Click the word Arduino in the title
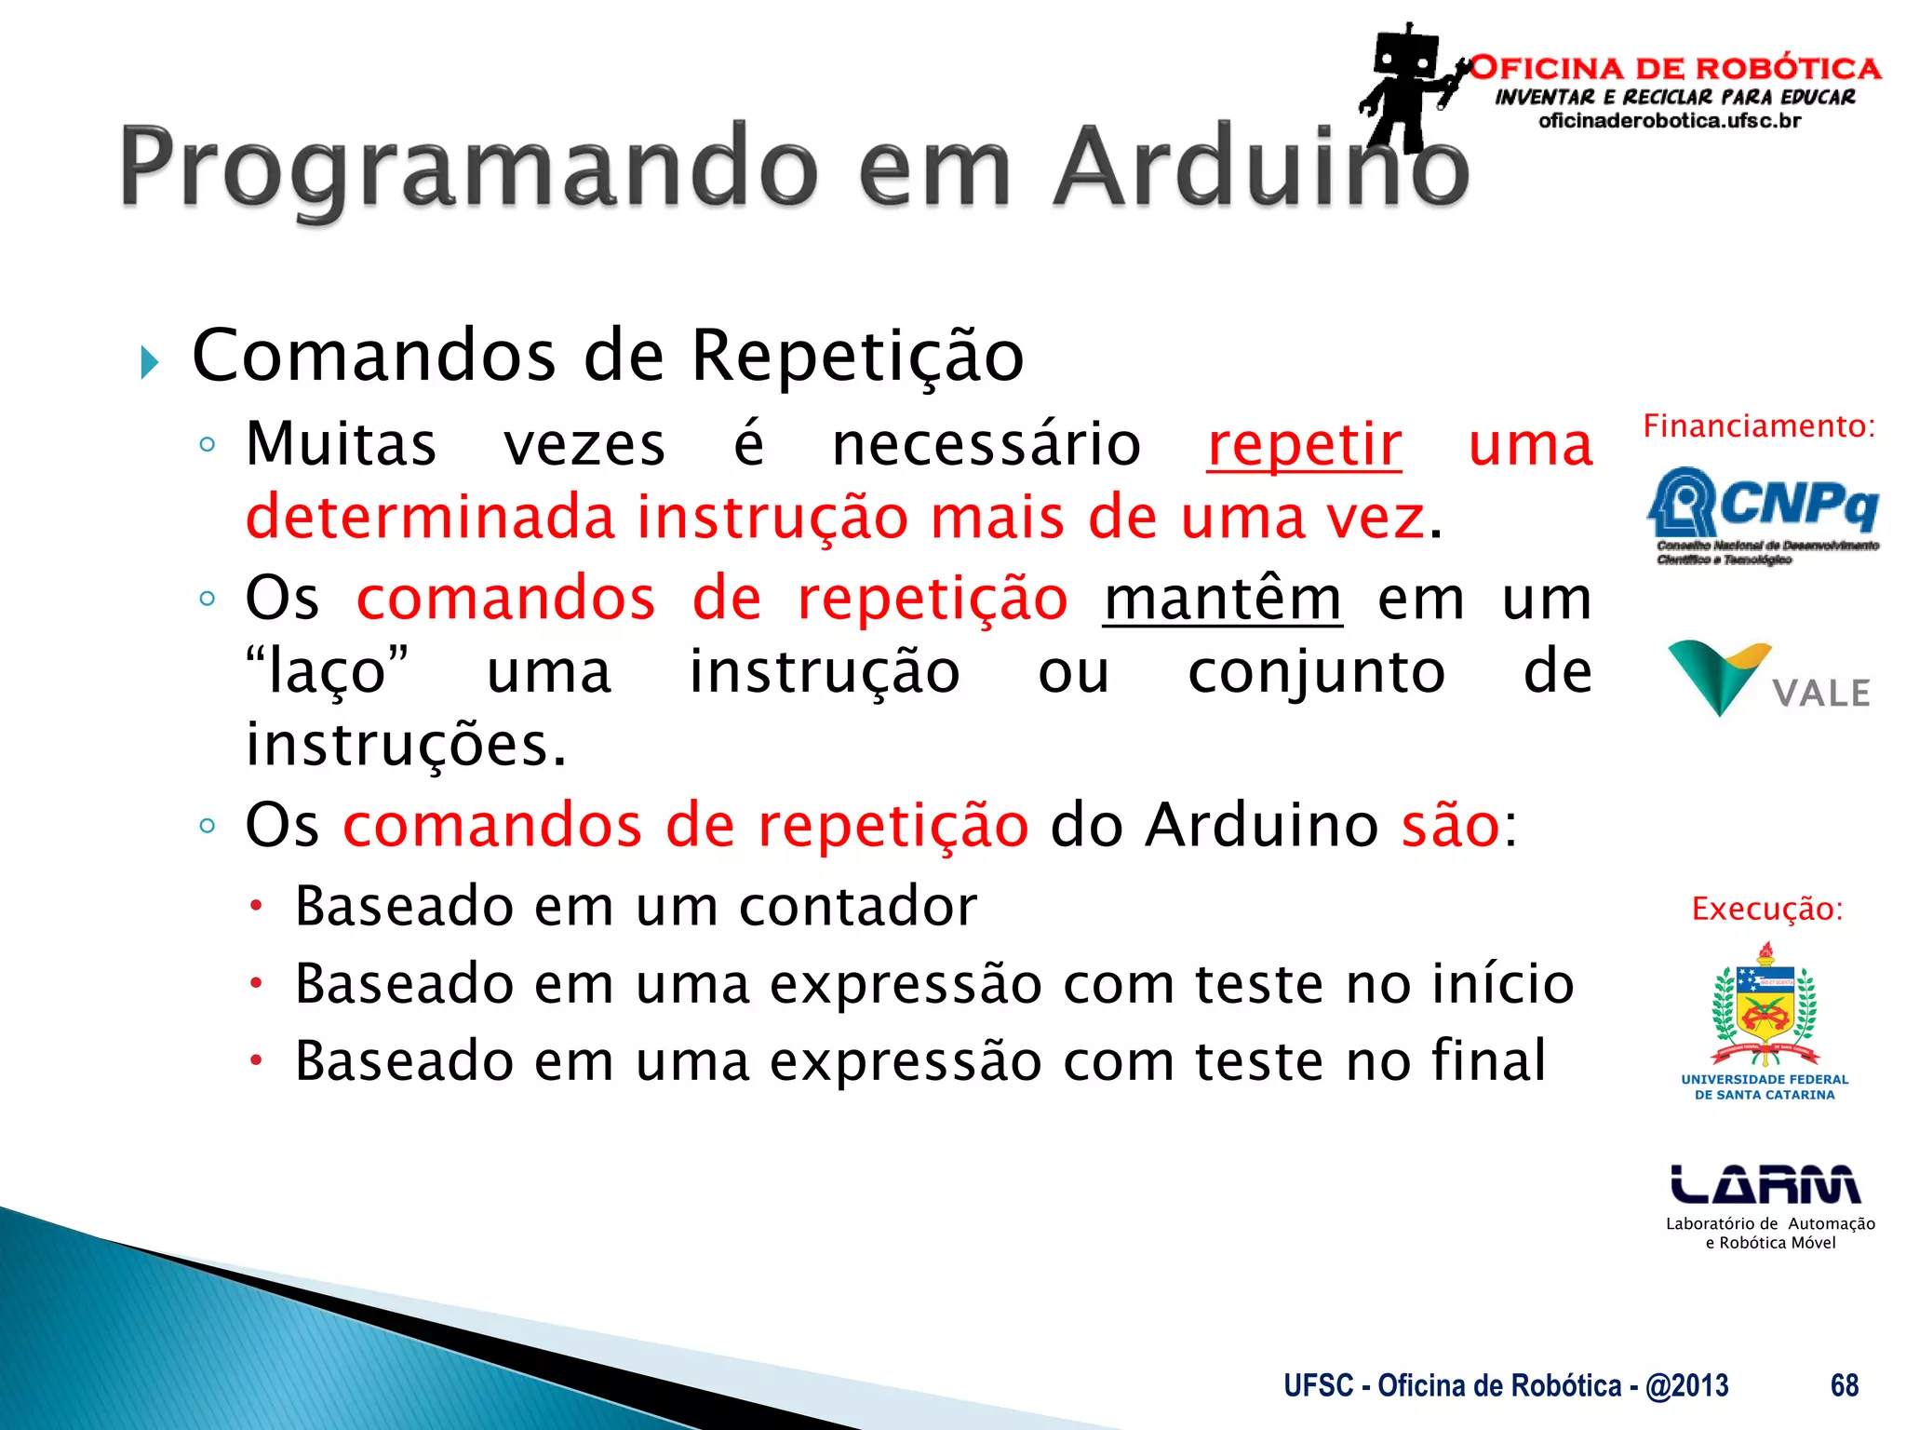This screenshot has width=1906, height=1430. [1261, 168]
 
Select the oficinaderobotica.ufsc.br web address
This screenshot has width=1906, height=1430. [1670, 121]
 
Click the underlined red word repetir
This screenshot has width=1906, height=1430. [1304, 445]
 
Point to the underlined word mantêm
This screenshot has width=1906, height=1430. [1222, 599]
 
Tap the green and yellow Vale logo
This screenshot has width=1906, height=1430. [1768, 678]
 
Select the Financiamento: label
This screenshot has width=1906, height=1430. [1759, 426]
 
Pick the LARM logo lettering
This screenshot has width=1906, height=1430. [1765, 1184]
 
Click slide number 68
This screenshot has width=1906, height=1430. [1844, 1385]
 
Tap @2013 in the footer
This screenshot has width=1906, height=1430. [1686, 1385]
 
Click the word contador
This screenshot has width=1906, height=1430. [857, 906]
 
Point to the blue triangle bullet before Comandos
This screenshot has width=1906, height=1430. [149, 361]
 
